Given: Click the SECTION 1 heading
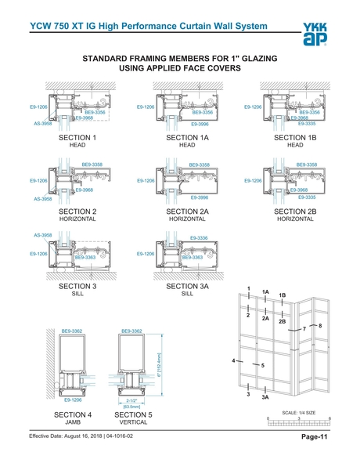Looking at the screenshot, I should click(x=77, y=138).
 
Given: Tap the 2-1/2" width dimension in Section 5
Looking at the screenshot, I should click(x=131, y=400).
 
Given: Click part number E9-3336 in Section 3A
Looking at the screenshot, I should click(x=199, y=237).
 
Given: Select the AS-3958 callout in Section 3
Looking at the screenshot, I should click(x=42, y=235).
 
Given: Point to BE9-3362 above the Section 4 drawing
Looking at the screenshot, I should click(x=72, y=331).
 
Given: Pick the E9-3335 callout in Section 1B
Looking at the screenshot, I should click(x=307, y=124).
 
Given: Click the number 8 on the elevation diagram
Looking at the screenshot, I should click(x=320, y=325).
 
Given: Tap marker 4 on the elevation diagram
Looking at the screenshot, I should click(x=234, y=360).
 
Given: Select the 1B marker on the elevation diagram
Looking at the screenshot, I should click(x=283, y=295).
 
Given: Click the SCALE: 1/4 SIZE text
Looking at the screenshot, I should click(x=299, y=412).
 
